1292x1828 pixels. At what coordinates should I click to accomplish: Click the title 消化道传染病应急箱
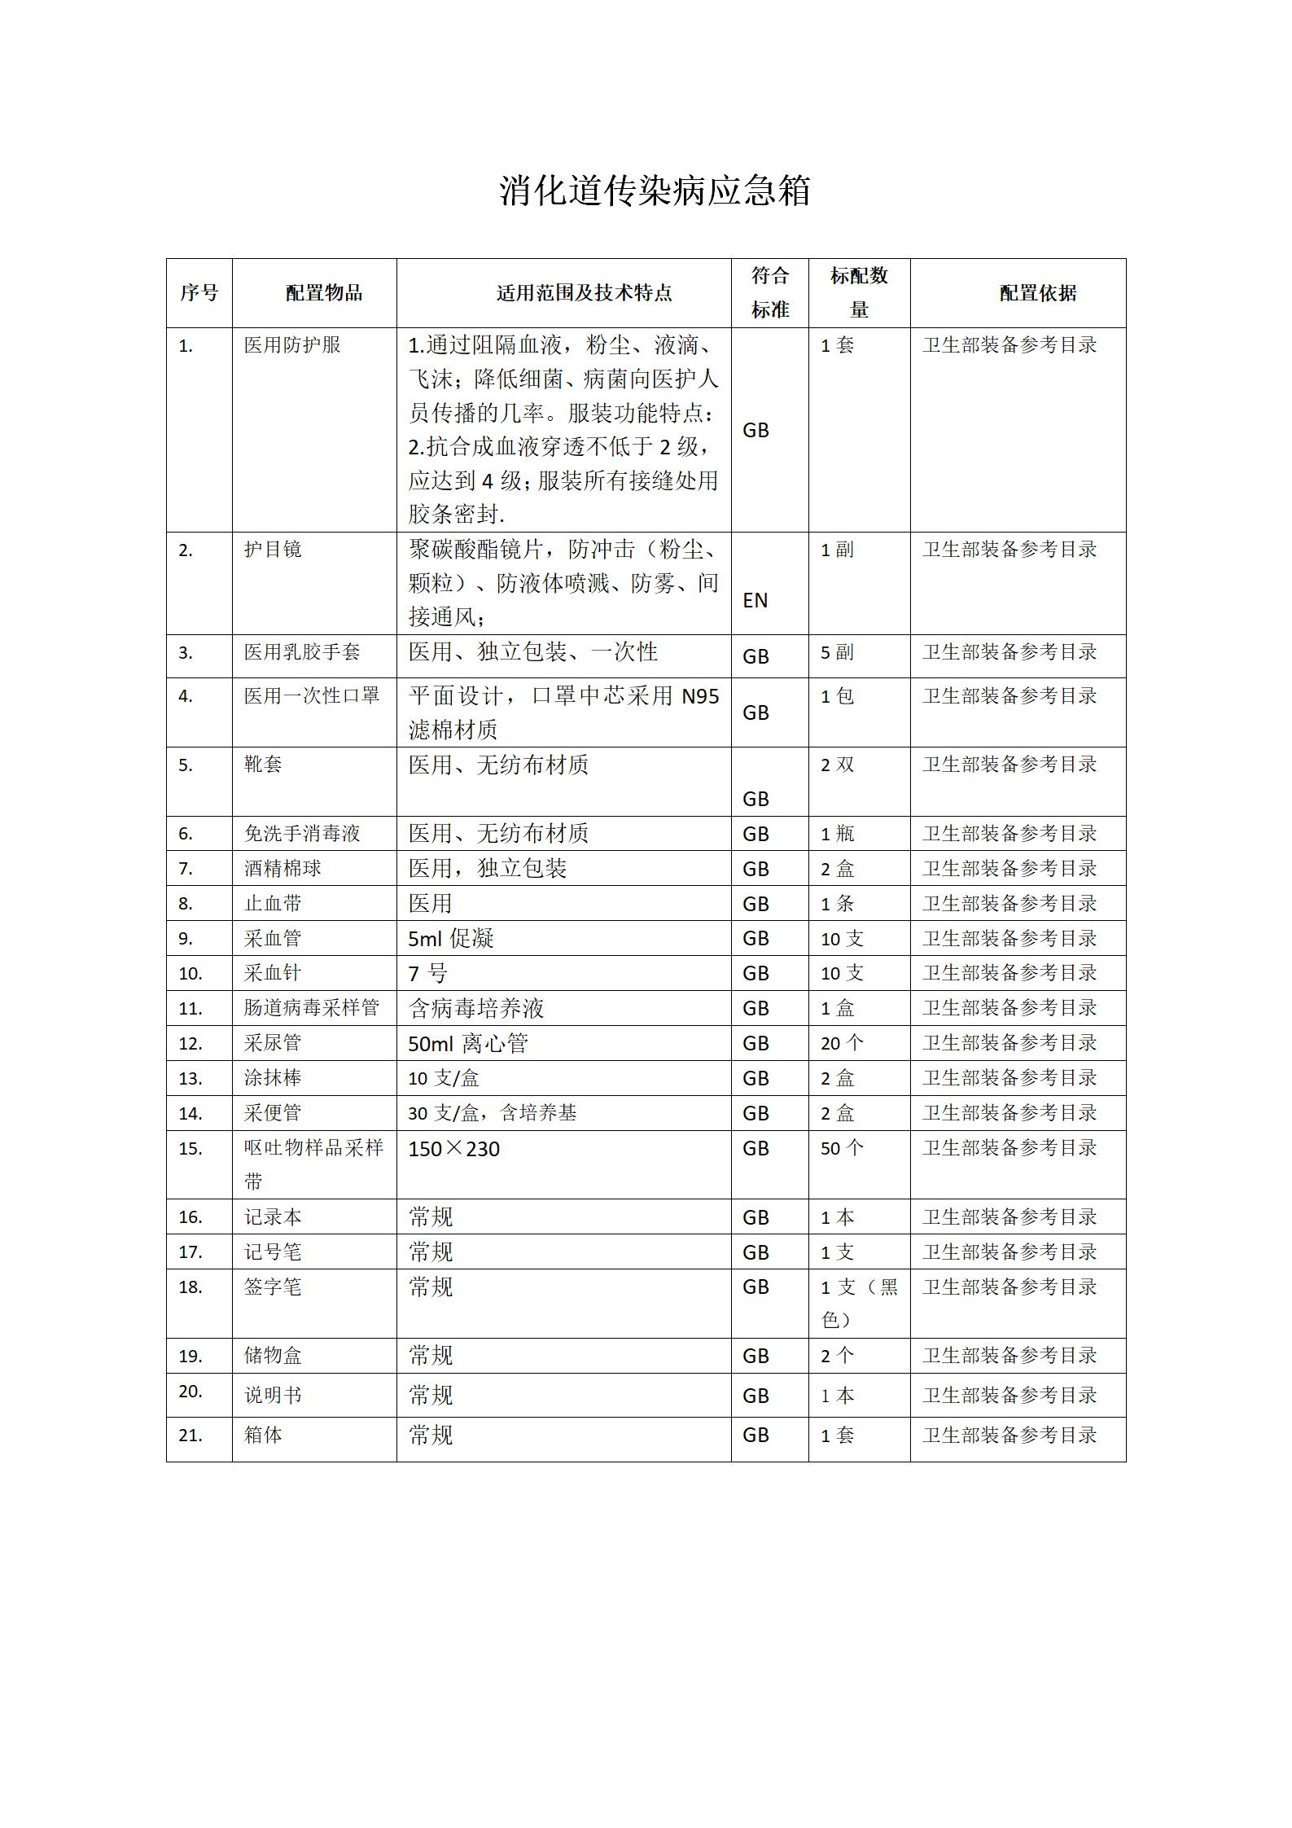(655, 191)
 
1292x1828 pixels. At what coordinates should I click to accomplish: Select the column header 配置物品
(323, 293)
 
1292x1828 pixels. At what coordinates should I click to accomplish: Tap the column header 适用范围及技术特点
(584, 293)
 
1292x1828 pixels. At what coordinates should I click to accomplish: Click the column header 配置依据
(1037, 293)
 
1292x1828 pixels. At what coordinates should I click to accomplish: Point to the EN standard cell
(755, 600)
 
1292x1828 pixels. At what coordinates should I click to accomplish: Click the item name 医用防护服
(292, 345)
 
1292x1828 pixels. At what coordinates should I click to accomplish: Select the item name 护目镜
(273, 550)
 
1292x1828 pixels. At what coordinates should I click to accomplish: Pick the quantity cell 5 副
(837, 652)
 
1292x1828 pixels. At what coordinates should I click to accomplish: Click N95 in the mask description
(700, 696)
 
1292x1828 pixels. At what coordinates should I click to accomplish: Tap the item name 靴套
(263, 765)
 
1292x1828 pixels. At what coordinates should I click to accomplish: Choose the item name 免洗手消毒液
(302, 834)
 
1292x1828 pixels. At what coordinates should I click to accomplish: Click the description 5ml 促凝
(451, 939)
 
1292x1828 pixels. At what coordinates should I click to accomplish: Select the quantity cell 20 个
(842, 1043)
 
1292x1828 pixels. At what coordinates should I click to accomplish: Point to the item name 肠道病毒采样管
(312, 1008)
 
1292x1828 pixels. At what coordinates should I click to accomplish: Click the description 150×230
(454, 1149)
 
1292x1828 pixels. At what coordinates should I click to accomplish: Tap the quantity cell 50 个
(842, 1148)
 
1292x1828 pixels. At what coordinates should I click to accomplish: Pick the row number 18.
(191, 1287)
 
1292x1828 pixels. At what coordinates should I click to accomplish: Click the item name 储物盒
(273, 1356)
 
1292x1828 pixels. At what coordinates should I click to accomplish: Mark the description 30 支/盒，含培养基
(493, 1113)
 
